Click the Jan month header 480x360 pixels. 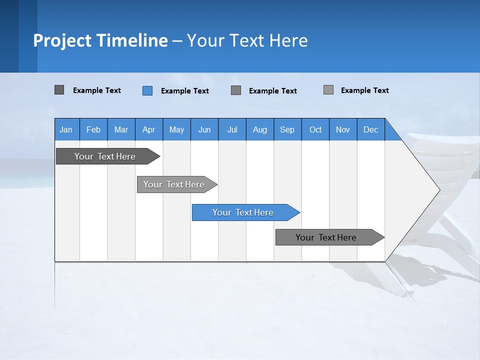point(66,129)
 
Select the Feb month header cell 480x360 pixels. point(93,129)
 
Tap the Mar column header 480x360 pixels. point(121,129)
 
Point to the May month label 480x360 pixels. point(176,129)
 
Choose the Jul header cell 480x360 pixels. point(232,129)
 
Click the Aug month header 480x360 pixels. point(259,129)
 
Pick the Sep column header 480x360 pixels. point(287,129)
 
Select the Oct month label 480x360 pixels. point(315,129)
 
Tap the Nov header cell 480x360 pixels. point(343,129)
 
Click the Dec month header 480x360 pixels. point(370,129)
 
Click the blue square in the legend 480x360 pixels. point(147,90)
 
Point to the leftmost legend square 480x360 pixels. point(59,90)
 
